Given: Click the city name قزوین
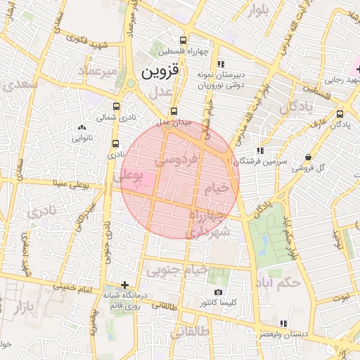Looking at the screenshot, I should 160,71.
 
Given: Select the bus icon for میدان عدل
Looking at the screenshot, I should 174,111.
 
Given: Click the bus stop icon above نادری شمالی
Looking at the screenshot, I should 116,107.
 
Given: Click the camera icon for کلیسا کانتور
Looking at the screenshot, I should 218,292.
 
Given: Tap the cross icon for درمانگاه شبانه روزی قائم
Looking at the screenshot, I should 124,285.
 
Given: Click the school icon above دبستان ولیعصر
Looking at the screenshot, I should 283,323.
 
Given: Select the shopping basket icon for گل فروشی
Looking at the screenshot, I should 308,157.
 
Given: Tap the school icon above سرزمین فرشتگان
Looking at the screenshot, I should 260,150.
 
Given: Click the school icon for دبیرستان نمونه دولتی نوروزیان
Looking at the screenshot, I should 220,64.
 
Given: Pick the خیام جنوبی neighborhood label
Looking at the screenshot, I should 176,269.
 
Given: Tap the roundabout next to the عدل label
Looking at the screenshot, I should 130,84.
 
